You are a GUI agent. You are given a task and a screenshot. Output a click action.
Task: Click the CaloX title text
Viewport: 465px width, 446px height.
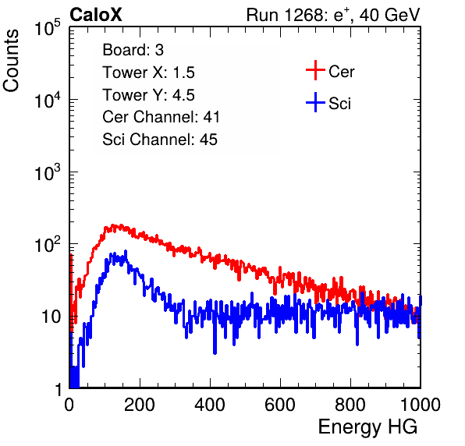click(96, 15)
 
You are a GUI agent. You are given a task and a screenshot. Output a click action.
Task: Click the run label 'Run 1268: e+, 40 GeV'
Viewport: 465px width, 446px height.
click(333, 15)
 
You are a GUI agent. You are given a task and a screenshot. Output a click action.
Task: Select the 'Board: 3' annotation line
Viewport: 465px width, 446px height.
click(133, 50)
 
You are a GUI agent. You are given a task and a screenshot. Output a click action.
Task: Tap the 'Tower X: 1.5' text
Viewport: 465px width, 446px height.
click(148, 73)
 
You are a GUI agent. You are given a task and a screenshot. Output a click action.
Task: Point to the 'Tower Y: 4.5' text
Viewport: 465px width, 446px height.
click(148, 95)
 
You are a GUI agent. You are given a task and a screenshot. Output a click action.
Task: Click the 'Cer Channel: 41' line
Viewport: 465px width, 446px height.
click(161, 117)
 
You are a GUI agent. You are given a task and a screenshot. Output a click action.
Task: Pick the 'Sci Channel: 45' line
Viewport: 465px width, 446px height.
click(160, 140)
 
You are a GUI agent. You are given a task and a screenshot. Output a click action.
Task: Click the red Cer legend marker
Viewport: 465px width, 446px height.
click(315, 70)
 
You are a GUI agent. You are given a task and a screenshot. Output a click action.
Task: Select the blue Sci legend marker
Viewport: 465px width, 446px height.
click(315, 102)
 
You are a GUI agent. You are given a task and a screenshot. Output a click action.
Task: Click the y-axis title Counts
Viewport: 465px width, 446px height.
click(11, 61)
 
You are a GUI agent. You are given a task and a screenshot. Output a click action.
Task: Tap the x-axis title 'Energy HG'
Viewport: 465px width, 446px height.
click(367, 427)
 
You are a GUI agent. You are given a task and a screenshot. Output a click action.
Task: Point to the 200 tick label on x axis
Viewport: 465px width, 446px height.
click(139, 405)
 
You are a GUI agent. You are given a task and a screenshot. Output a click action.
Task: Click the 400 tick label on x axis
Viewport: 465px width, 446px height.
click(210, 405)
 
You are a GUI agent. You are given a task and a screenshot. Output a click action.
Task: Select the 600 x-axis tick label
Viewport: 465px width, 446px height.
click(280, 405)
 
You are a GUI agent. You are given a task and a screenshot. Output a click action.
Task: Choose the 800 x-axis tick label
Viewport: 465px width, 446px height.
click(350, 405)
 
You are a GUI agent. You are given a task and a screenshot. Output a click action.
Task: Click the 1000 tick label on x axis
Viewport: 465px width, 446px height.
click(421, 405)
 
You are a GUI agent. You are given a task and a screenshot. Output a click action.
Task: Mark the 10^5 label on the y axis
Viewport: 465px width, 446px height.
click(48, 28)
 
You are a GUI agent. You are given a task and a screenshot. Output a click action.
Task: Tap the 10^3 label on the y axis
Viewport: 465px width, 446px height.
click(48, 172)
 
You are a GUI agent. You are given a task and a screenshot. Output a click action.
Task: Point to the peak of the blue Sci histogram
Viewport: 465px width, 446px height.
click(126, 251)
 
